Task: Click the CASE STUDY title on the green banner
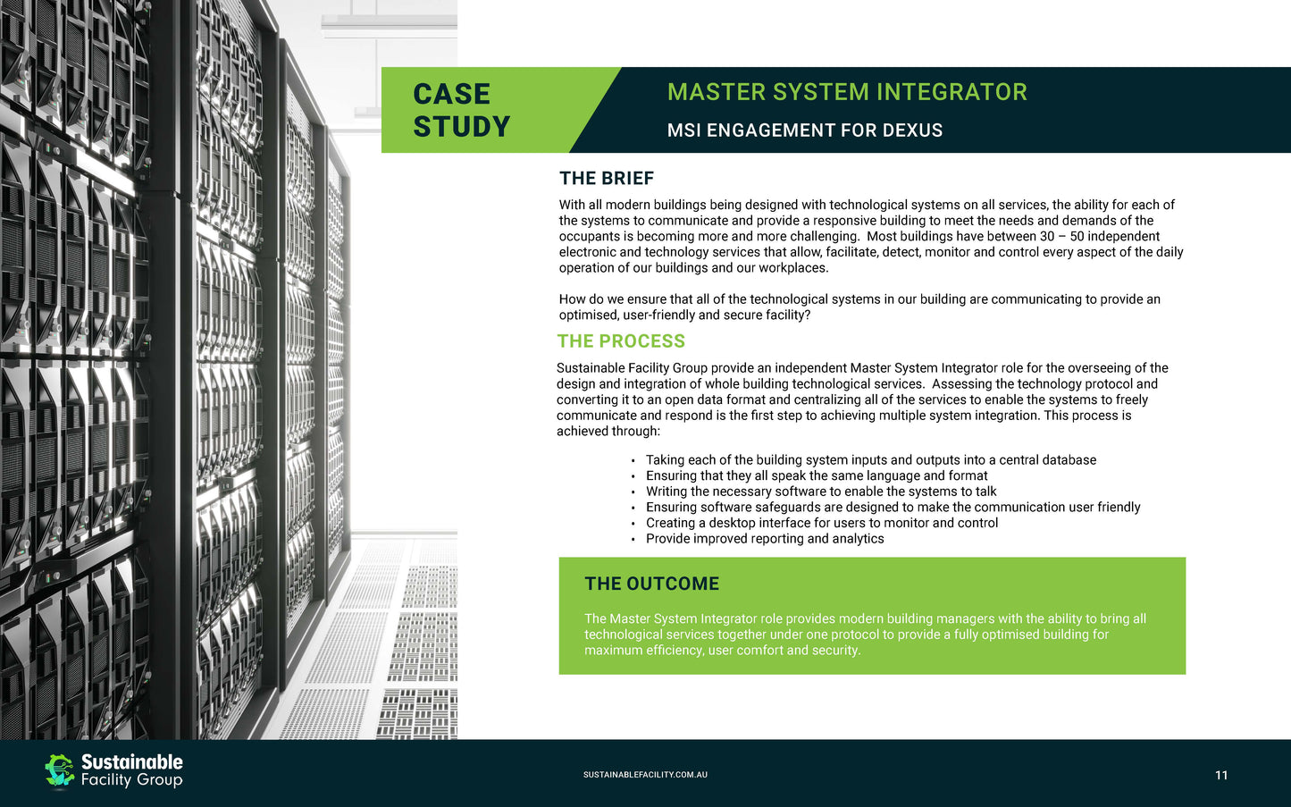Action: (461, 110)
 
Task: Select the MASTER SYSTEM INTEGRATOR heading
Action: (847, 92)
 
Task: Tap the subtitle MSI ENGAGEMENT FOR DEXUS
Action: (804, 130)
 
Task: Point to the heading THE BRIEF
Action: (607, 179)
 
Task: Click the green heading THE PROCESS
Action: (621, 341)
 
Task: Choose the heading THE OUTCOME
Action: (651, 584)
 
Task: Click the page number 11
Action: (1221, 775)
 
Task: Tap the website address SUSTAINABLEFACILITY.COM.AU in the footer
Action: (645, 775)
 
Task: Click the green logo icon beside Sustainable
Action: (60, 770)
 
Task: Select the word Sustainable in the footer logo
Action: (132, 761)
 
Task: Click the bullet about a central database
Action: (870, 460)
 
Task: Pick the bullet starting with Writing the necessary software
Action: (820, 492)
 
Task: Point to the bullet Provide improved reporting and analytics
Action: (765, 539)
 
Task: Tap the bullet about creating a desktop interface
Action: (821, 523)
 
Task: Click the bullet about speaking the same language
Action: (816, 476)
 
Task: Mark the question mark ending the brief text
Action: (807, 315)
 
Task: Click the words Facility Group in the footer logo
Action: (132, 780)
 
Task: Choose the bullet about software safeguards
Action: (893, 508)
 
